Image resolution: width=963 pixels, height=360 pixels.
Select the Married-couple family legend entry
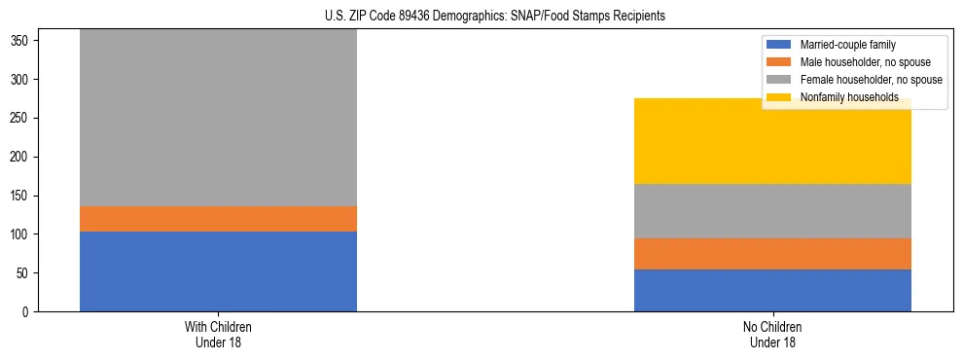pos(845,45)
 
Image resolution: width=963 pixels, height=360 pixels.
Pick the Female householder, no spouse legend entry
pos(871,80)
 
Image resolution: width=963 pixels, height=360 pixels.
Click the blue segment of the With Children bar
pos(218,271)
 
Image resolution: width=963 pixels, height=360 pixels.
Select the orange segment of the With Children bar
pos(218,219)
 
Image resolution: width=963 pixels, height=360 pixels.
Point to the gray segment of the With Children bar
pos(218,118)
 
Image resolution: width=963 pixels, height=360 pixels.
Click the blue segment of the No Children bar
pos(772,291)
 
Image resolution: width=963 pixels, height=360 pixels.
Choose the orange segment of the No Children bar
pos(772,254)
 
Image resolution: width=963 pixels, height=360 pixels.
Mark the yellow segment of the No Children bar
pos(772,141)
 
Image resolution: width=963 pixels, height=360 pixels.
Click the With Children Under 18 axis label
pos(218,335)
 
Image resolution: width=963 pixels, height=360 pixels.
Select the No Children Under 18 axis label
pos(772,335)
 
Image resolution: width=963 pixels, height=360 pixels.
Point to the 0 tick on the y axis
pos(28,312)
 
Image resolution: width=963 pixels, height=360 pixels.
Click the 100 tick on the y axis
pos(23,234)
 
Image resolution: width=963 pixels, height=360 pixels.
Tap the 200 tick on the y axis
pos(23,157)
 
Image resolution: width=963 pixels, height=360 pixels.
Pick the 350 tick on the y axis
pos(23,41)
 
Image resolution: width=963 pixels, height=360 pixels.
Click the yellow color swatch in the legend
pos(780,97)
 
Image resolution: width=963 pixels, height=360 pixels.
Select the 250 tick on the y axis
pos(23,118)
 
